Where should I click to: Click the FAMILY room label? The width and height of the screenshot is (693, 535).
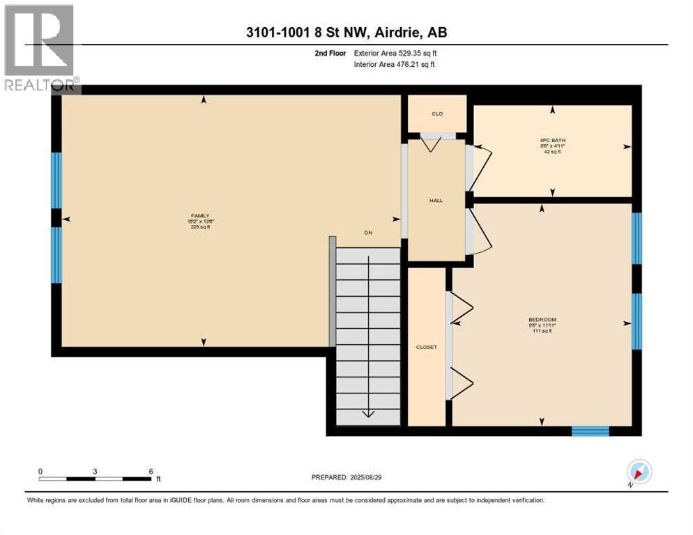(x=201, y=216)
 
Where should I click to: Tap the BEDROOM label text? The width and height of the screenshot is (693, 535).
(x=542, y=320)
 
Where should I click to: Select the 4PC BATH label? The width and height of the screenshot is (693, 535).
(x=553, y=140)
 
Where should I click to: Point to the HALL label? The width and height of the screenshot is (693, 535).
(x=436, y=201)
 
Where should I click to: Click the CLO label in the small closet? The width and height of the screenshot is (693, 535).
(x=437, y=114)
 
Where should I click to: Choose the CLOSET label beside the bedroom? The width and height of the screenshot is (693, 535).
(x=426, y=347)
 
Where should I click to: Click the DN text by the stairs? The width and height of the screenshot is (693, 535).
(x=368, y=233)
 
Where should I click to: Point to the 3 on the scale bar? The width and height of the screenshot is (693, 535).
(x=95, y=471)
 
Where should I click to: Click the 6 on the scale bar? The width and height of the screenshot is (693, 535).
(x=151, y=471)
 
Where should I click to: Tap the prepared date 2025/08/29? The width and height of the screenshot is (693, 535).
(x=375, y=477)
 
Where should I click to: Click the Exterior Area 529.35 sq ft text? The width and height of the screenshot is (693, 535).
(x=395, y=53)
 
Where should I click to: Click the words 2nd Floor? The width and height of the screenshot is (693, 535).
(x=330, y=53)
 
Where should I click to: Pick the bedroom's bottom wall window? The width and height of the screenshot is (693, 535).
(x=590, y=431)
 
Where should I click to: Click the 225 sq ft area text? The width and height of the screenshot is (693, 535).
(x=201, y=227)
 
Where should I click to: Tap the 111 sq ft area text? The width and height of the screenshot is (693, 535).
(x=542, y=331)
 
